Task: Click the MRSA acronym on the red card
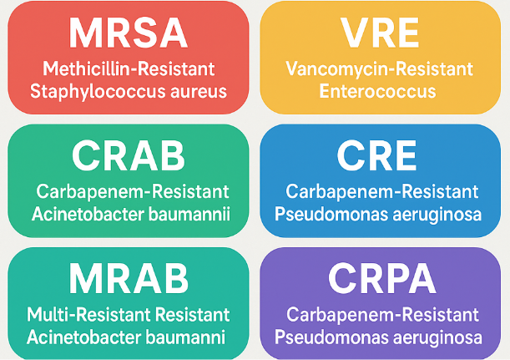(128, 32)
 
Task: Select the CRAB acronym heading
(128, 155)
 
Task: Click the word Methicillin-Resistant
(128, 68)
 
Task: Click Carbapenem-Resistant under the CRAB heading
(128, 191)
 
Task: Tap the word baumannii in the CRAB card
(195, 214)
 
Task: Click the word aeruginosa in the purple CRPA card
(440, 338)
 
